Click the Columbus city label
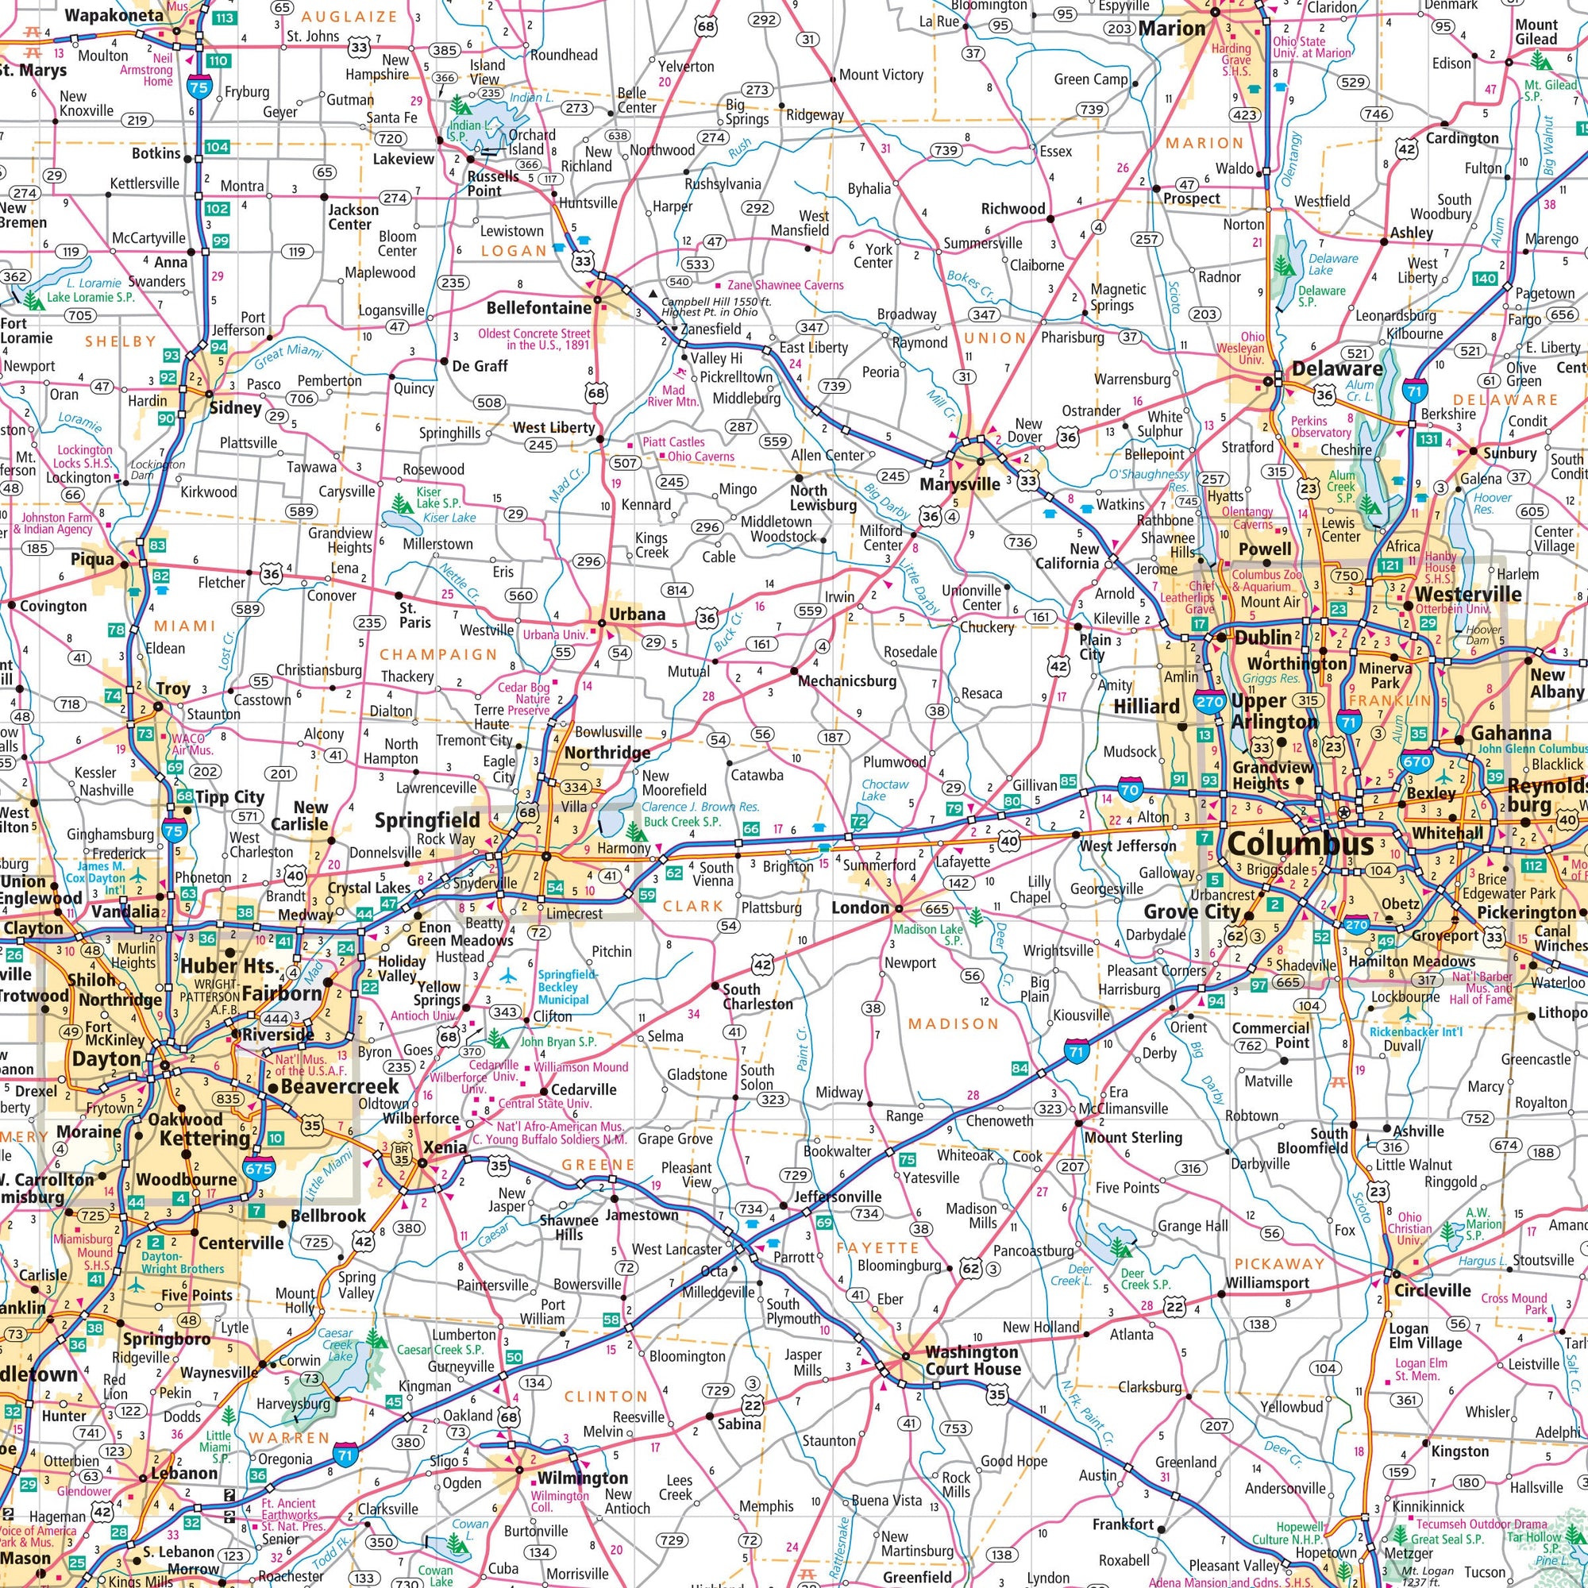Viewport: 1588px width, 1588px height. click(x=1288, y=844)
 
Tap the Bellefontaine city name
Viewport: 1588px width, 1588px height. click(x=538, y=308)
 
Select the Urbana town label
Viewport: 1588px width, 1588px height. click(x=637, y=614)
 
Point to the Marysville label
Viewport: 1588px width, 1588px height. click(x=959, y=484)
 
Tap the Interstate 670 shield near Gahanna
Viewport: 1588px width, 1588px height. click(x=1417, y=762)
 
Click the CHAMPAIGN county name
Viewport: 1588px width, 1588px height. click(x=438, y=654)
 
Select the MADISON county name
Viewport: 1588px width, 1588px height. click(x=953, y=1023)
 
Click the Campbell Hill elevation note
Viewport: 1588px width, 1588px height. click(x=716, y=306)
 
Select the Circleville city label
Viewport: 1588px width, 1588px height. click(x=1432, y=1289)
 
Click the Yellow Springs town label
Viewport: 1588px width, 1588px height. click(x=439, y=993)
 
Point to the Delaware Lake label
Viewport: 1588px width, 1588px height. click(x=1332, y=264)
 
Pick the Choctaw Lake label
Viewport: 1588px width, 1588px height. click(x=885, y=790)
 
